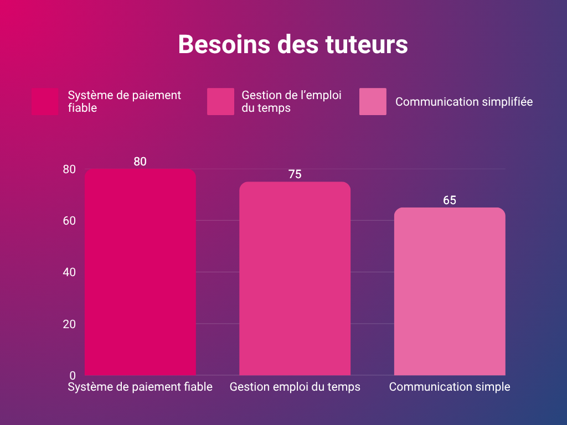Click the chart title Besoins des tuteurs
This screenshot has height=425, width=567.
coord(293,45)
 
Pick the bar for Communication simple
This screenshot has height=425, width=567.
coord(450,292)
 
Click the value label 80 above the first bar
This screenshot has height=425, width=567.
coord(140,162)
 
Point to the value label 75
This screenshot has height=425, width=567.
coord(295,174)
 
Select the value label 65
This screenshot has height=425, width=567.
coord(450,200)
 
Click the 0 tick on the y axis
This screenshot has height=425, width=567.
coord(72,375)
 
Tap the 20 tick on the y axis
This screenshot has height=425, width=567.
coord(69,324)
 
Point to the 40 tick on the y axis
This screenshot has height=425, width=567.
coord(69,272)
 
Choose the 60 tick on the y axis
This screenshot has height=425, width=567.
coord(69,221)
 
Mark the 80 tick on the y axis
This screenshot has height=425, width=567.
coord(69,169)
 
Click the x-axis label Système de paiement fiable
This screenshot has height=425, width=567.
coord(140,387)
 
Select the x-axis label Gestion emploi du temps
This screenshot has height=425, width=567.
coord(295,387)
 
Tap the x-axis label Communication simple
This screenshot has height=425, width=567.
coord(450,387)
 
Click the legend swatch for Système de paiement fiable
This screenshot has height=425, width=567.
coord(45,102)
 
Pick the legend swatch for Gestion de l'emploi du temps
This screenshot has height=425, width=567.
coord(220,102)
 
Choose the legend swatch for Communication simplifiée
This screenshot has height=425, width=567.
coord(373,102)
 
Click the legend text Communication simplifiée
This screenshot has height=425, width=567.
coord(464,102)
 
